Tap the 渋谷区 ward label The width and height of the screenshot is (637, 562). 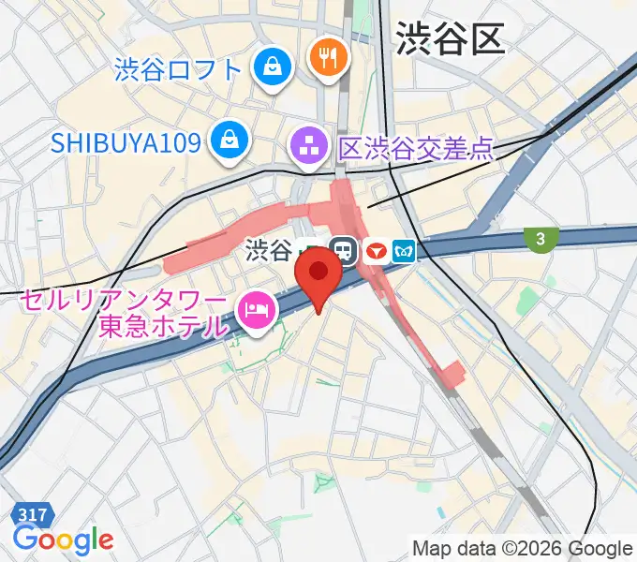pos(451,38)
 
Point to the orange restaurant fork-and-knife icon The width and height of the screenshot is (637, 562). pos(327,58)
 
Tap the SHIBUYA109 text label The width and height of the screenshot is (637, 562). pos(126,142)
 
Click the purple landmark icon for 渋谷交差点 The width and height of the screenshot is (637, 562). pos(307,146)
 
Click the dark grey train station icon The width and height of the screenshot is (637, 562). pos(344,251)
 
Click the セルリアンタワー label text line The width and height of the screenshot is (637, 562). pos(125,303)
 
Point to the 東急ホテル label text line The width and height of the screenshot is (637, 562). pos(163,327)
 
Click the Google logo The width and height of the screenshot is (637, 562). pos(63,540)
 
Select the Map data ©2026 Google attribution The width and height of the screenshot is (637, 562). pos(523,548)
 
